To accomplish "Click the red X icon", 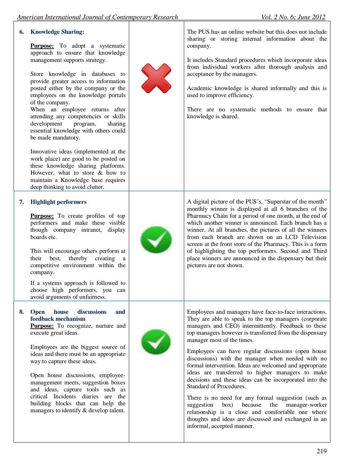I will (156, 76).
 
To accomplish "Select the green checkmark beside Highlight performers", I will (156, 240).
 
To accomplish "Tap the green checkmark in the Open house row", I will (156, 342).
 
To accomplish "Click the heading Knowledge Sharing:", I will (57, 32).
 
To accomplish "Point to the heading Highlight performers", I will (58, 202).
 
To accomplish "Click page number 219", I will (321, 451).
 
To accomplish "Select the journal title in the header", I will (97, 17).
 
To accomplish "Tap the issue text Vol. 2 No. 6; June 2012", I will (293, 17).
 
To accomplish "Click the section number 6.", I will (22, 32).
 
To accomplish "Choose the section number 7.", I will (22, 202).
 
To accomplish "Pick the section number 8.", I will (22, 312).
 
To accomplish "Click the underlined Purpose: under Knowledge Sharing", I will (42, 46).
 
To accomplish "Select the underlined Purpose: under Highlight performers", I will (42, 216).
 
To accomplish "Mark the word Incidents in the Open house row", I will (64, 397).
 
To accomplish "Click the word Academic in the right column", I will (198, 88).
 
